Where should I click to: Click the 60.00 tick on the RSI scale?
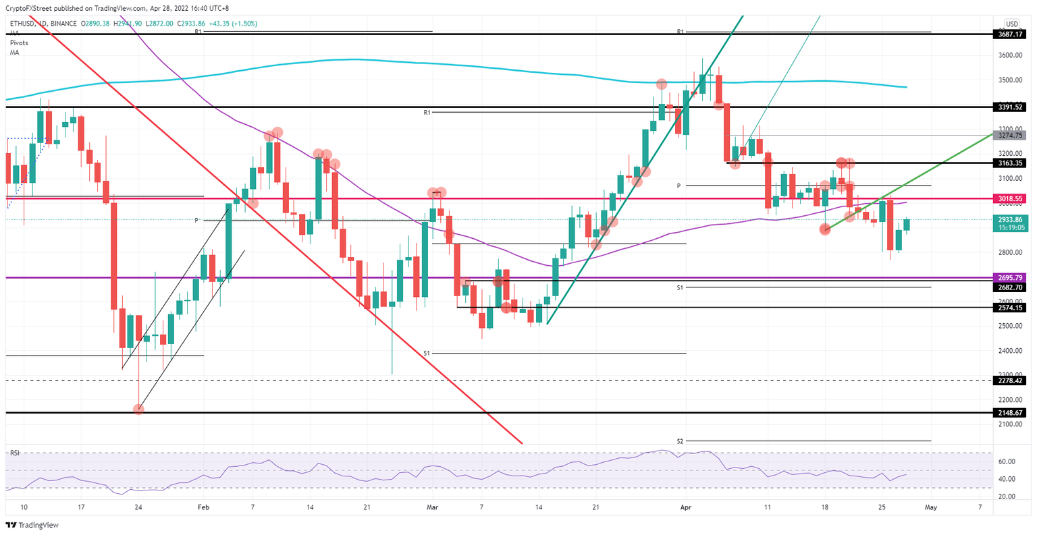tap(1007, 462)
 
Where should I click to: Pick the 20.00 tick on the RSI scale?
tap(1007, 497)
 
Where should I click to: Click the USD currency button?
tap(1011, 24)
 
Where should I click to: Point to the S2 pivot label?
tap(680, 441)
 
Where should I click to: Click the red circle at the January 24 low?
tap(138, 409)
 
